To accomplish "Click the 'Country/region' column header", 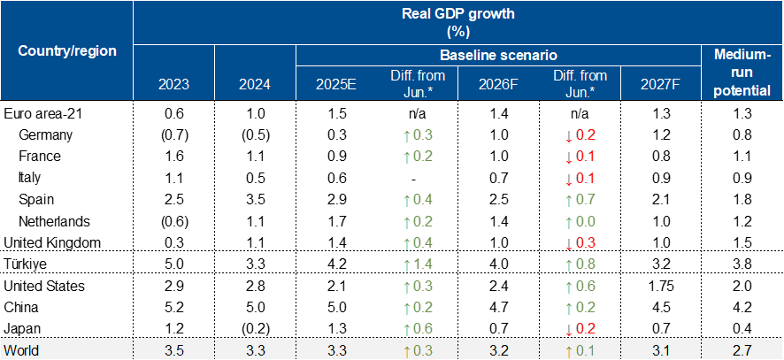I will click(66, 50).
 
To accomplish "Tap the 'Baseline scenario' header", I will click(498, 55).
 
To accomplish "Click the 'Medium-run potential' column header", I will click(742, 73).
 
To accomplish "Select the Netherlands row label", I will click(51, 220).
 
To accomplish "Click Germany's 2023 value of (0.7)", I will click(173, 134).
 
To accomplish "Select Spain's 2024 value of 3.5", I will click(255, 199).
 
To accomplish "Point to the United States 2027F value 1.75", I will click(661, 285).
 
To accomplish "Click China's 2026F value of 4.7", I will click(498, 306).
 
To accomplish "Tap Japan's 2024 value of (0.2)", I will click(255, 328).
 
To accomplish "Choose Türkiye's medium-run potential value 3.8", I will click(742, 263).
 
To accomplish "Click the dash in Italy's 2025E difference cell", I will click(417, 178).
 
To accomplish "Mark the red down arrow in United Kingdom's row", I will click(569, 242).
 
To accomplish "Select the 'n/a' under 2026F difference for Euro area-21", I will click(580, 113).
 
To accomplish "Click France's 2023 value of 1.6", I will click(173, 156).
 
